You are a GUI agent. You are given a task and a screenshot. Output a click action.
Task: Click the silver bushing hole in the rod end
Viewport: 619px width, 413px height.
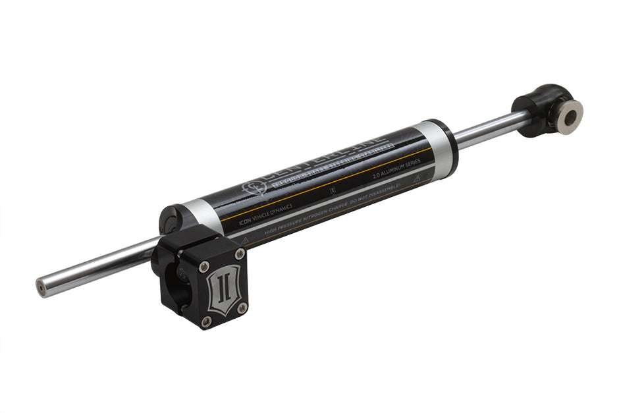tap(570, 117)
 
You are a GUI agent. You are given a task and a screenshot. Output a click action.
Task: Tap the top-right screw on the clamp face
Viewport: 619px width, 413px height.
tap(240, 254)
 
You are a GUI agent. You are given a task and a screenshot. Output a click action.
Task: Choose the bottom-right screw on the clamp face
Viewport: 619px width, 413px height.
tap(242, 307)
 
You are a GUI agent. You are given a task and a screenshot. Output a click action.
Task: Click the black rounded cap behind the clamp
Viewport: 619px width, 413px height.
tap(170, 218)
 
